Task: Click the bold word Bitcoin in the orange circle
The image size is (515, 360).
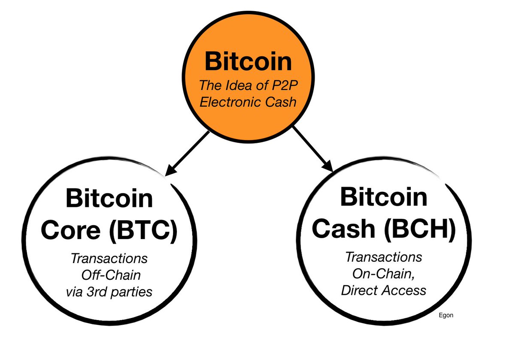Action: point(248,61)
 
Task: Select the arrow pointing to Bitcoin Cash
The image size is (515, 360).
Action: point(312,149)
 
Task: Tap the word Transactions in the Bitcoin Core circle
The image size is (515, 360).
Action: point(109,259)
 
